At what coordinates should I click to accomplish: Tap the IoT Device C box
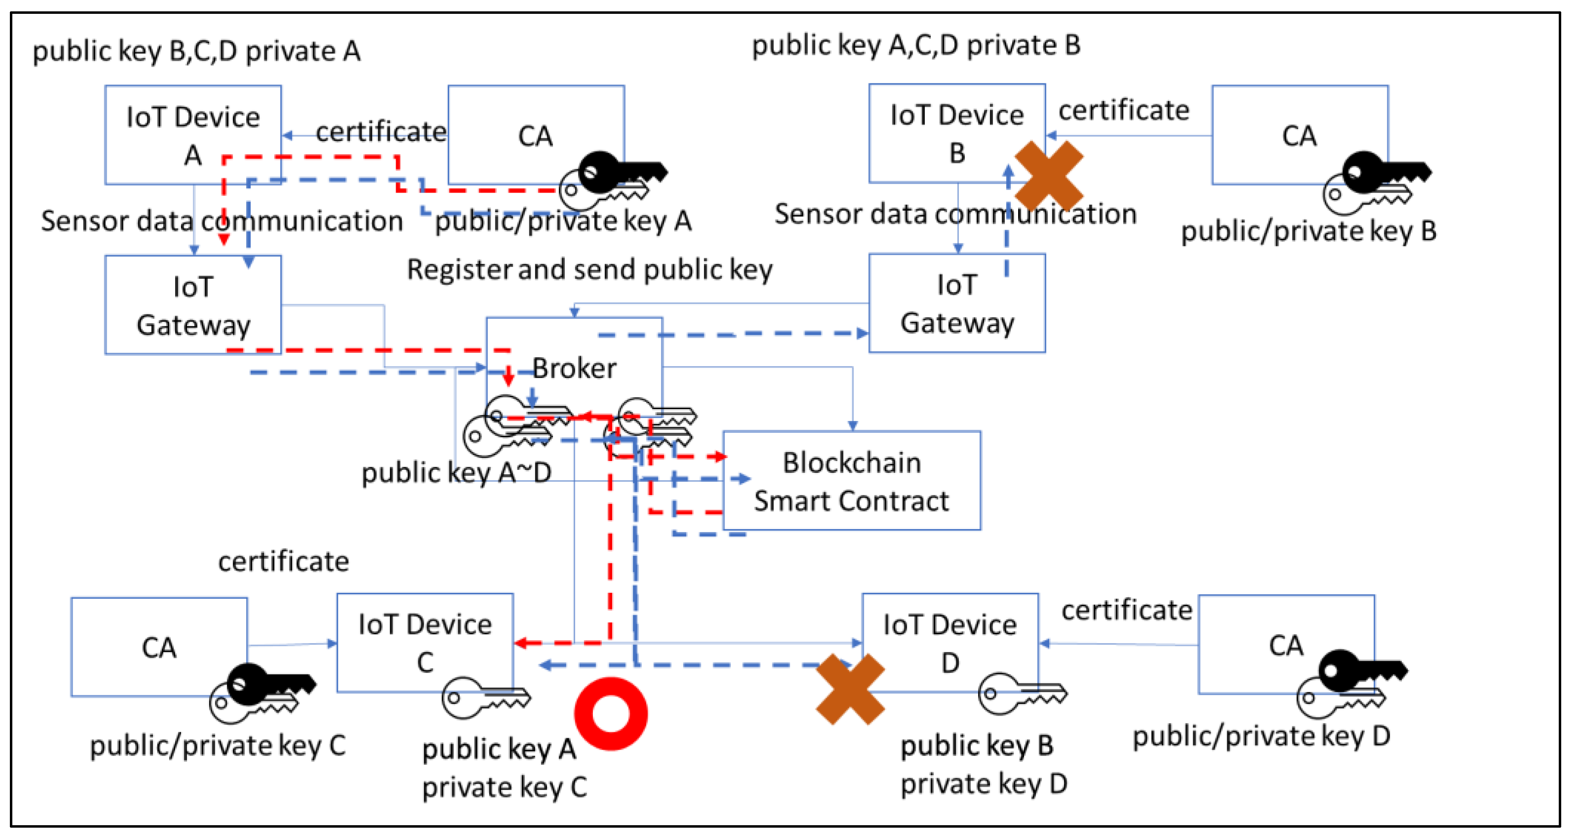(x=425, y=642)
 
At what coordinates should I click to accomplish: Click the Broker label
(x=574, y=368)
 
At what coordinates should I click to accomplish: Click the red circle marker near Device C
(x=611, y=713)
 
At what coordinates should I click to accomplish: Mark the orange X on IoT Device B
(x=1049, y=176)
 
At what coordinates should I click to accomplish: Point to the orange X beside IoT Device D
(x=850, y=689)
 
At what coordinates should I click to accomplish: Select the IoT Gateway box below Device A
(x=193, y=305)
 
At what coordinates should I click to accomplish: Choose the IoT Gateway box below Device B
(x=957, y=304)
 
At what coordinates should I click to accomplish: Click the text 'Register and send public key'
(x=589, y=269)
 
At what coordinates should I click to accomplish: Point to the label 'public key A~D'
(x=456, y=473)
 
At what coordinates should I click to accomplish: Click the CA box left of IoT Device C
(x=159, y=647)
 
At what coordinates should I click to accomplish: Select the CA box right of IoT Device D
(x=1286, y=645)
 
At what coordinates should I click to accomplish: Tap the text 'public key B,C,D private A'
(x=196, y=51)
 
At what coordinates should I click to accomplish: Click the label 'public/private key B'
(x=1308, y=231)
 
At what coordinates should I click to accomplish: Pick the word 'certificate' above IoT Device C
(x=284, y=561)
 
